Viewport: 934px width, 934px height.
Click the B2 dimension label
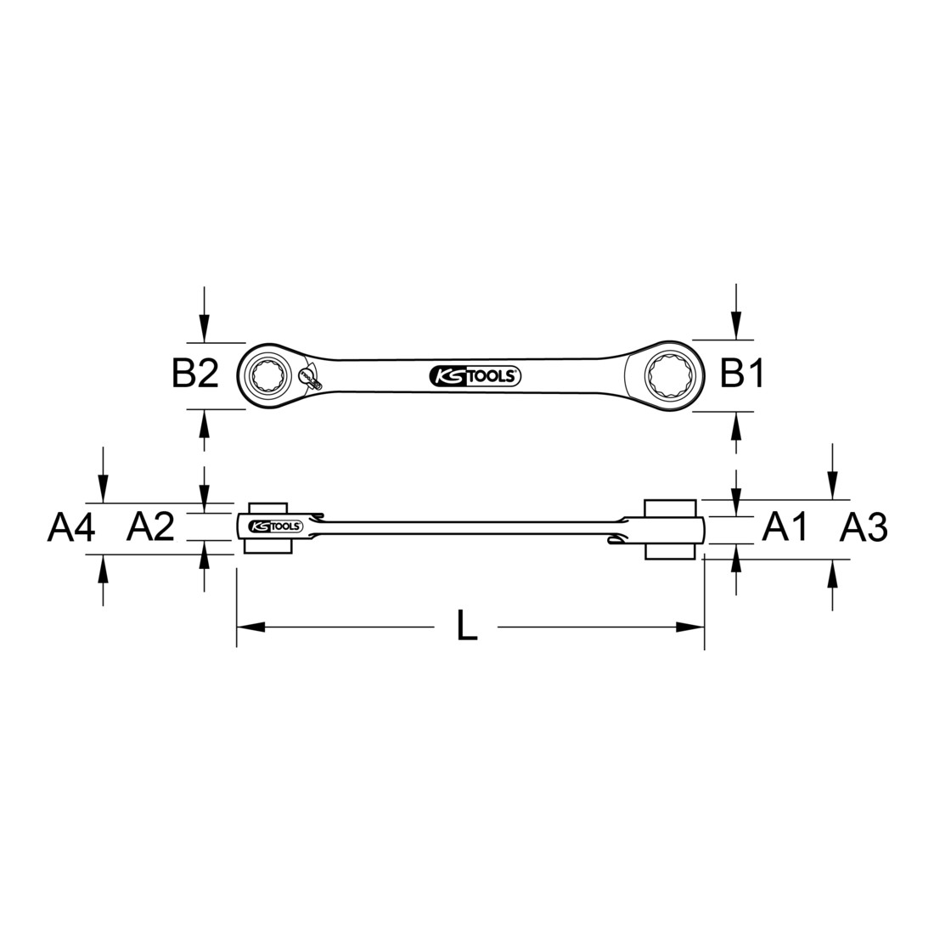195,374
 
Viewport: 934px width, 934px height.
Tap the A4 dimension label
70,528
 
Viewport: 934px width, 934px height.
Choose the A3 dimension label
864,528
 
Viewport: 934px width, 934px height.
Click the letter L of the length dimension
467,627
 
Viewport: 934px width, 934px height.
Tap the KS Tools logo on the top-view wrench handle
475,376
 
